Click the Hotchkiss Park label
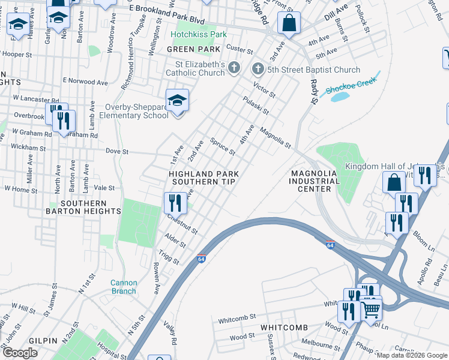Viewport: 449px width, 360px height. point(199,34)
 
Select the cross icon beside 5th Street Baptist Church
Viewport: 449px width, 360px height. point(258,70)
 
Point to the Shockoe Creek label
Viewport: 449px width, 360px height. point(351,85)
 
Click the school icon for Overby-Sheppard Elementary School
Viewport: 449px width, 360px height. point(177,100)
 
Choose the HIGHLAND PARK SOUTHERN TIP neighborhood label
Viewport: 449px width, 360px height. point(205,177)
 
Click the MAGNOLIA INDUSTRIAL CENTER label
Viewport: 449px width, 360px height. point(315,181)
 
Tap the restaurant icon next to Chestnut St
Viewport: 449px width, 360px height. point(175,202)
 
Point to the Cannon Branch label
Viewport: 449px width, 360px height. point(124,287)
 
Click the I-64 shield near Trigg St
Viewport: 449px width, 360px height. point(202,259)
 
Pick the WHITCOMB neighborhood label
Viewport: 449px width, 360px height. point(284,327)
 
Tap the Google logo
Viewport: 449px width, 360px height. point(20,353)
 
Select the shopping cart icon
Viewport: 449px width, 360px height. point(371,310)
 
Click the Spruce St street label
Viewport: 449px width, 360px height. point(223,146)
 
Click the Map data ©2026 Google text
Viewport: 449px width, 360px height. point(411,355)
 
